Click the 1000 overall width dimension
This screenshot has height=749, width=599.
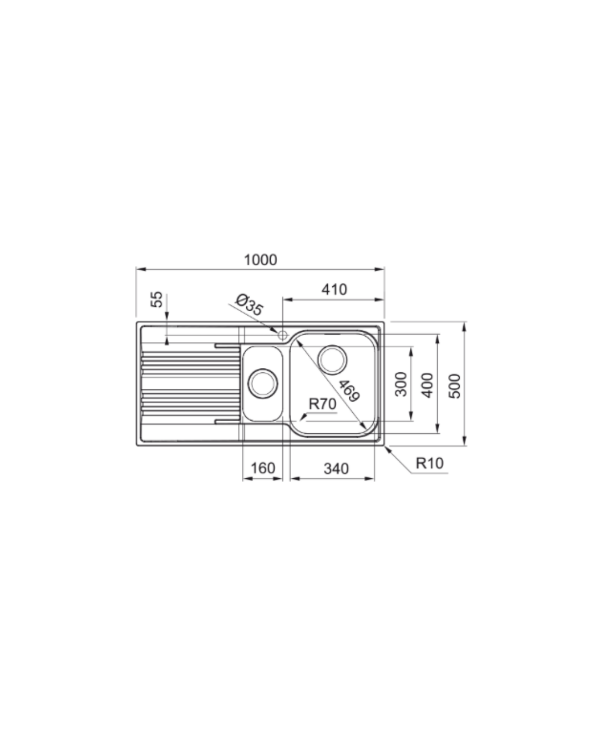260,260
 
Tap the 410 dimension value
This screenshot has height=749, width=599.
334,290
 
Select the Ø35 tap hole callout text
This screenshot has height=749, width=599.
249,305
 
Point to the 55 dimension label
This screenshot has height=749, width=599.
157,299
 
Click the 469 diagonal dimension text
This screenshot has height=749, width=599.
349,391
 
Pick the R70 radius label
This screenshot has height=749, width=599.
322,404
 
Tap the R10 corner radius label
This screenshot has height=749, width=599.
430,463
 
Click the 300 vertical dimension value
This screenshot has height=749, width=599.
402,384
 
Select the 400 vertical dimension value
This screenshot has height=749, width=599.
428,385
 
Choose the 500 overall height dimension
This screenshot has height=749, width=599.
455,386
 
